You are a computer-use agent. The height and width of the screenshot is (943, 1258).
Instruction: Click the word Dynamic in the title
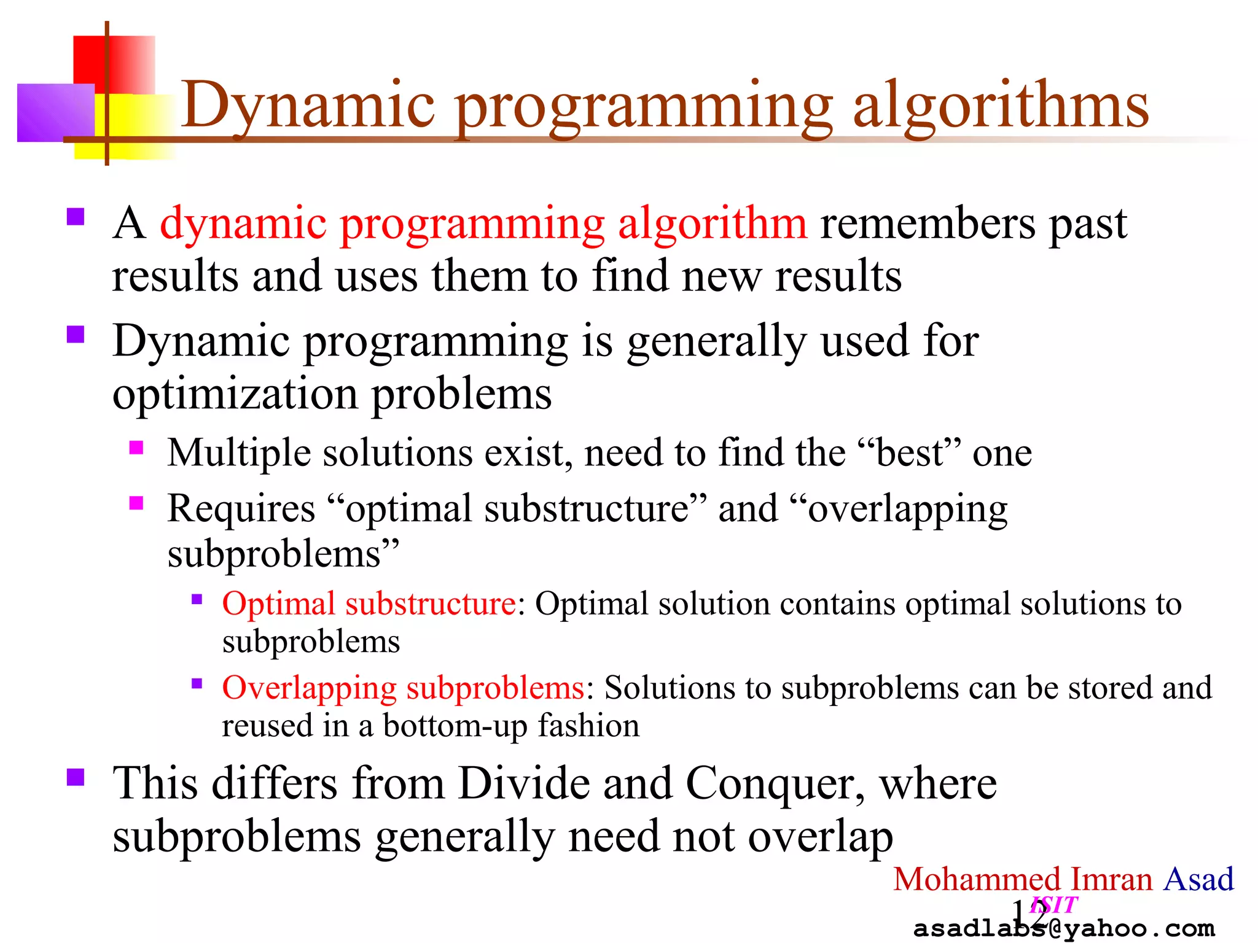(307, 106)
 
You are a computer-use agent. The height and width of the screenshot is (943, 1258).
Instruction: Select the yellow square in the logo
(141, 132)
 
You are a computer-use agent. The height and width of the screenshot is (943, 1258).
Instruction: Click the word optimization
(235, 394)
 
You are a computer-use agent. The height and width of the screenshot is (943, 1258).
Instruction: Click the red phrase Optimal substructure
(369, 604)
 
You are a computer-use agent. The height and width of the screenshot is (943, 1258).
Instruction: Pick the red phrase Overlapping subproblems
(402, 688)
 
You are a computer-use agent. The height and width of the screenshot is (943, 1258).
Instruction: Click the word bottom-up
(455, 726)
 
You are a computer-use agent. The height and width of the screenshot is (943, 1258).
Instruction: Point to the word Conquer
(774, 785)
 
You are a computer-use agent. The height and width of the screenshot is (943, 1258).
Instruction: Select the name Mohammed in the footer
(977, 879)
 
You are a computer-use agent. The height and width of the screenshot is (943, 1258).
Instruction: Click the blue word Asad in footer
(1198, 879)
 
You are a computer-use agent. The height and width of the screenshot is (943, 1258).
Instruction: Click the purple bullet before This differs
(76, 777)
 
